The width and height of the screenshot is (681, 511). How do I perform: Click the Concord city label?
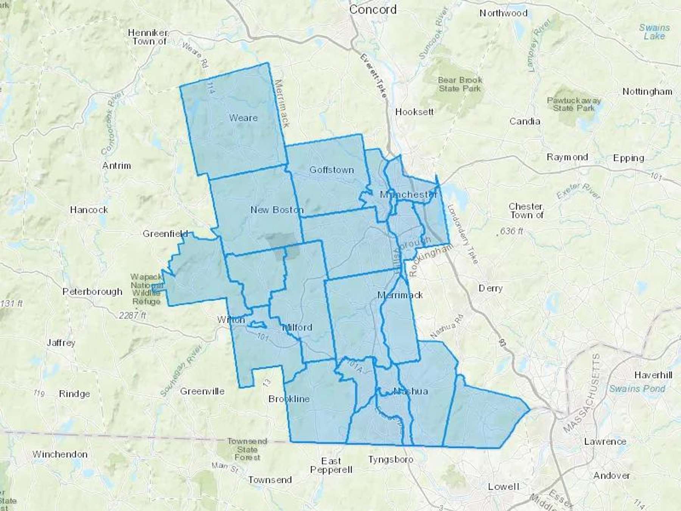tap(373, 9)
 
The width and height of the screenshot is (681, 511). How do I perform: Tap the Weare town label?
tap(243, 118)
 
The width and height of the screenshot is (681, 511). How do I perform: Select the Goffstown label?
tap(331, 170)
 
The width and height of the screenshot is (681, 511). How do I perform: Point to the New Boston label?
tap(277, 210)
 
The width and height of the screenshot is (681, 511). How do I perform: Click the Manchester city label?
tap(409, 195)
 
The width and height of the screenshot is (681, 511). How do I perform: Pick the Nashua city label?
tap(410, 391)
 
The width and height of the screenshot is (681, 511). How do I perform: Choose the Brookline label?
tap(289, 399)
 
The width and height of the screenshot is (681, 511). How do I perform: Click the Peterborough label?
tap(92, 292)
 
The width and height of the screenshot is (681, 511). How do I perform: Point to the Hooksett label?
tap(414, 112)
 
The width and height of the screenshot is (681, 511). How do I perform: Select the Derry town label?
tap(490, 288)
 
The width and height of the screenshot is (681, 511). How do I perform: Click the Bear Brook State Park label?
tap(460, 84)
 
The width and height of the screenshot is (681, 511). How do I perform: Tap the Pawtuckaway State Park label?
tap(574, 104)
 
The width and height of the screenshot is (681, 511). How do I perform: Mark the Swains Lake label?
tap(654, 32)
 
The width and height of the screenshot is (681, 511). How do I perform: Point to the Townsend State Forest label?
tap(247, 449)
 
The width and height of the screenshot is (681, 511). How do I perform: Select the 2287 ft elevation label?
tap(132, 315)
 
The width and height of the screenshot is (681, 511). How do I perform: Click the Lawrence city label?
tap(605, 441)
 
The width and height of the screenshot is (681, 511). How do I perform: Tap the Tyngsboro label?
tap(391, 460)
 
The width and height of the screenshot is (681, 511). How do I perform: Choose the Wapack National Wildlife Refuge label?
tap(146, 290)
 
